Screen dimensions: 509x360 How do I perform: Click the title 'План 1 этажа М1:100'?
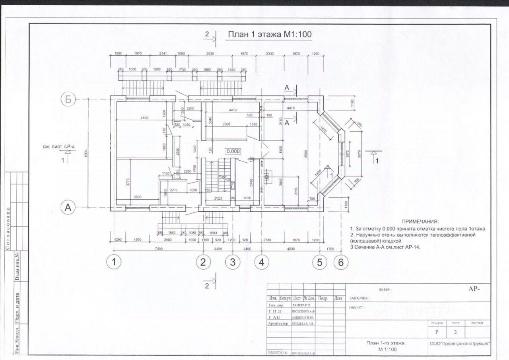coord(269,35)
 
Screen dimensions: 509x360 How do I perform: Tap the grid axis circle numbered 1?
coord(115,262)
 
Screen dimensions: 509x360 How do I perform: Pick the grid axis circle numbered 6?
coord(341,262)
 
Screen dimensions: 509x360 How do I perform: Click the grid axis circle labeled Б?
coord(68,99)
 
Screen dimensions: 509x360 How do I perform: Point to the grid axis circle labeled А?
coord(68,207)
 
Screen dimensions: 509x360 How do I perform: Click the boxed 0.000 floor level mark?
coord(234,151)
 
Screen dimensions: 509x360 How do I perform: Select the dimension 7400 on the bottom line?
coord(159,249)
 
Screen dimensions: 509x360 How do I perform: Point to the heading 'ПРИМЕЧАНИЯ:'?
coord(420,221)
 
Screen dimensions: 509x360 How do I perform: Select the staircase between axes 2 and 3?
coord(218,177)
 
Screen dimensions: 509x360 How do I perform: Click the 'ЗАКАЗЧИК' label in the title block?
coord(360,298)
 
